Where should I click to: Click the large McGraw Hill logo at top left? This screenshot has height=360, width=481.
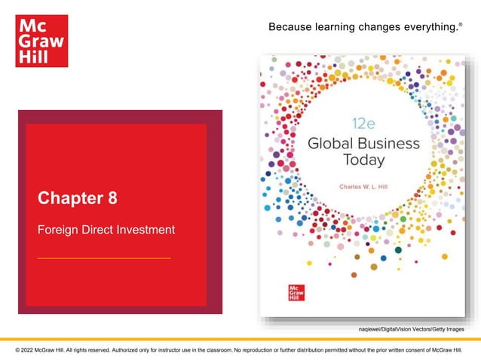(x=41, y=41)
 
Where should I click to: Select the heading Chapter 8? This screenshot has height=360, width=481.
(x=78, y=199)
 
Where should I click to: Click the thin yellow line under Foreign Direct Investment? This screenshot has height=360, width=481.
(x=104, y=258)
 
